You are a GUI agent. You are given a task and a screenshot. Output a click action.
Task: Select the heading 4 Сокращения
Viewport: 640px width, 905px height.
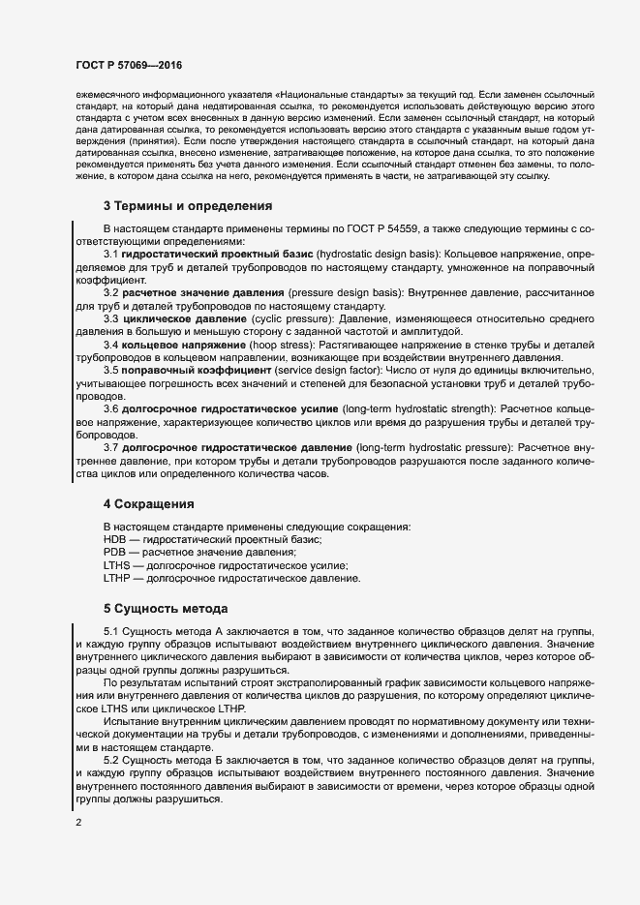click(x=149, y=504)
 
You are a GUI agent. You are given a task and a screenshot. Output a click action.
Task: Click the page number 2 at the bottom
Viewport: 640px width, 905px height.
click(x=77, y=824)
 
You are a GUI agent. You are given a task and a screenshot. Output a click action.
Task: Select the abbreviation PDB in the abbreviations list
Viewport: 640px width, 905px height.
click(x=115, y=552)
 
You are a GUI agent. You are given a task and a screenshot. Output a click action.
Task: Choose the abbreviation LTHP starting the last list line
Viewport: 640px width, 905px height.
click(x=117, y=578)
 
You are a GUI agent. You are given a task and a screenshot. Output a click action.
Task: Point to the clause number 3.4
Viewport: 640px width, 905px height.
click(x=111, y=372)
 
